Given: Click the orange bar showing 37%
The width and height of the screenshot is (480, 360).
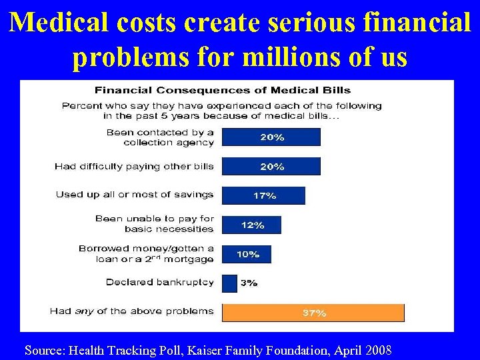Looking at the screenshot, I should (313, 313).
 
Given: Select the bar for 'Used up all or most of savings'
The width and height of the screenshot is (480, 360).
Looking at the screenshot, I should (263, 195).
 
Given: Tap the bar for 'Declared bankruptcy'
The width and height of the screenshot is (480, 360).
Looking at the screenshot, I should (229, 283).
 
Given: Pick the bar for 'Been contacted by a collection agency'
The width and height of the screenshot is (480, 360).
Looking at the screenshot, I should (271, 137).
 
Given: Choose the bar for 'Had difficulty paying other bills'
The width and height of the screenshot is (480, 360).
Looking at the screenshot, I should (271, 167).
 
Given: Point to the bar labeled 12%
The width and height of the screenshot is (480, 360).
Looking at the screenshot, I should (251, 225).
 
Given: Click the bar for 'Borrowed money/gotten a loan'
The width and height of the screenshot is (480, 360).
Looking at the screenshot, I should (246, 254).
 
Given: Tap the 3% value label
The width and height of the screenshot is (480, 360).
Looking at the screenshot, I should (249, 283).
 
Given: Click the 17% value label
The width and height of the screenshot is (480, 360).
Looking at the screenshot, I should (265, 195).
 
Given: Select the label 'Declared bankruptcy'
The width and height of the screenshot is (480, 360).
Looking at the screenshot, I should (159, 282).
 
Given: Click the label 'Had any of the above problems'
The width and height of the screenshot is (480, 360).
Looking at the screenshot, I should (131, 311).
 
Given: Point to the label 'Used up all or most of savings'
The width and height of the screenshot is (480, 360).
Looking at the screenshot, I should (134, 195).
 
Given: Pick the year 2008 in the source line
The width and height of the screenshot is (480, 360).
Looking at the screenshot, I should (377, 350).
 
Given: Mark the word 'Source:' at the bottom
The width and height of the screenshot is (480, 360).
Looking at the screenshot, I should (45, 350).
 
